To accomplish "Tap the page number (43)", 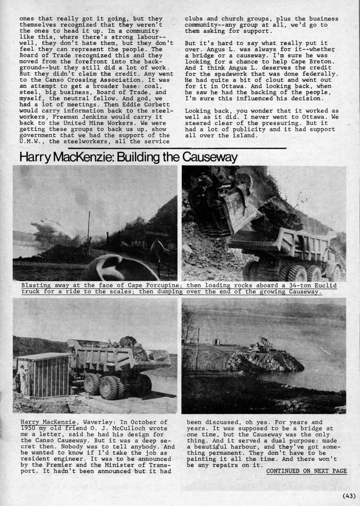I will point(349,496).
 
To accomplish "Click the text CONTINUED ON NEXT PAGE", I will point(306,471).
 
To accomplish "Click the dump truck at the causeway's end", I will point(261,345).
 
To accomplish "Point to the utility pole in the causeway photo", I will point(197,351).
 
